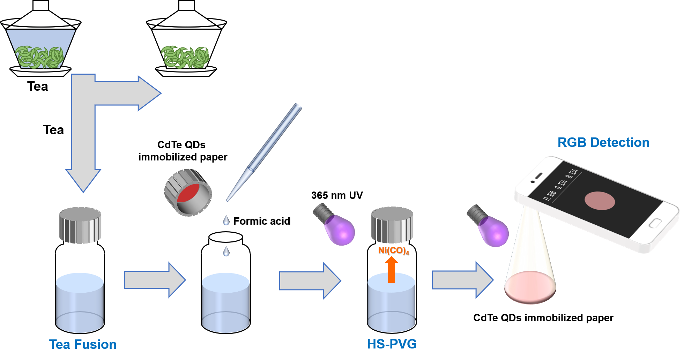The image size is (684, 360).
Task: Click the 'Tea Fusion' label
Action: tap(83, 344)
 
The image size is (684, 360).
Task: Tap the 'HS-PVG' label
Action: tap(392, 344)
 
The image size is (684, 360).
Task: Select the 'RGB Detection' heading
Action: tap(603, 142)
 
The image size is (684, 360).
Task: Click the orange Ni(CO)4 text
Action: tap(393, 250)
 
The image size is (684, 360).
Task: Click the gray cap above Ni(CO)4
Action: tap(392, 225)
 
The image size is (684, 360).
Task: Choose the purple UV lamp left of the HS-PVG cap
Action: tap(336, 226)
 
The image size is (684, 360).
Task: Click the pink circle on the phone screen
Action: tap(600, 201)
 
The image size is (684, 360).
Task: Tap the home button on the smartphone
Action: tap(655, 223)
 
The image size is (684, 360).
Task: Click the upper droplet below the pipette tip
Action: tap(226, 220)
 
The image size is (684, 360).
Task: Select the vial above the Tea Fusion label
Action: tap(80, 302)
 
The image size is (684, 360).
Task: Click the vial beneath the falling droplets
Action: tap(225, 302)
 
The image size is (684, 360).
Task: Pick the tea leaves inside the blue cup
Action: tap(40, 57)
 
